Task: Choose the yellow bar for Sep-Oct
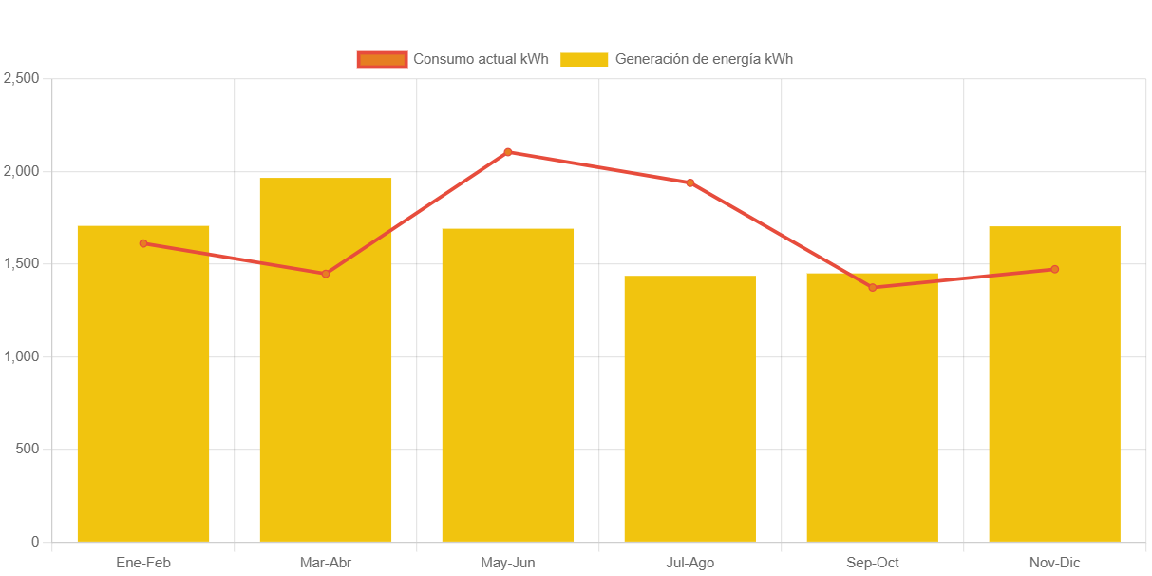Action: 873,413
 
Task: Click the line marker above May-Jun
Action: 508,152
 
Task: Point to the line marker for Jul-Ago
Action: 690,182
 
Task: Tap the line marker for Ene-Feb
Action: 143,243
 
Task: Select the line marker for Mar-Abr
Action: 326,274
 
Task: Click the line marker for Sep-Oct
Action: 873,287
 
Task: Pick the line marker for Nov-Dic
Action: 1055,269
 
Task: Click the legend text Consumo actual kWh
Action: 481,59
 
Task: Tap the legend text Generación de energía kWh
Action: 704,59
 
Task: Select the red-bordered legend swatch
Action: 382,59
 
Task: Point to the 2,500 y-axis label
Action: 21,78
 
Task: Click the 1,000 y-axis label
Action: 21,356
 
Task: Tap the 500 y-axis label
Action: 28,449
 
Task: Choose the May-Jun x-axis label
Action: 508,563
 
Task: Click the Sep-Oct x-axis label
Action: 873,563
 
